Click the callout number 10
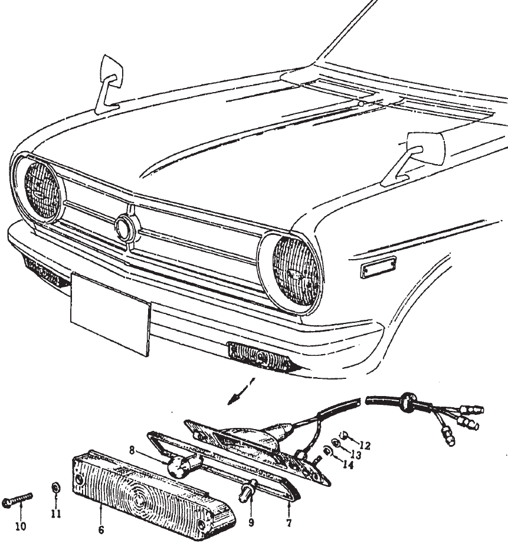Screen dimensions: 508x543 click(21, 526)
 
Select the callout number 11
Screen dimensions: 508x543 click(56, 514)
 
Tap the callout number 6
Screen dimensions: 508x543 click(101, 530)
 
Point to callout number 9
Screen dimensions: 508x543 click(251, 522)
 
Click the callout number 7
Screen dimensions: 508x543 click(289, 522)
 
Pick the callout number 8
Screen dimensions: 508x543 click(132, 450)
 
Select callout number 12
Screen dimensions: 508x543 click(365, 446)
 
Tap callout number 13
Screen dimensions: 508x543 click(356, 454)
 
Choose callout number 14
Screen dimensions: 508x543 click(348, 465)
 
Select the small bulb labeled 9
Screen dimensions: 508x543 click(248, 489)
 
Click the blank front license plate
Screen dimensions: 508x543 click(110, 314)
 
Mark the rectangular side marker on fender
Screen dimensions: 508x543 click(378, 267)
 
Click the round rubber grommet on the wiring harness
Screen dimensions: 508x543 click(408, 402)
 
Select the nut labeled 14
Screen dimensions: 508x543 click(326, 450)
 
